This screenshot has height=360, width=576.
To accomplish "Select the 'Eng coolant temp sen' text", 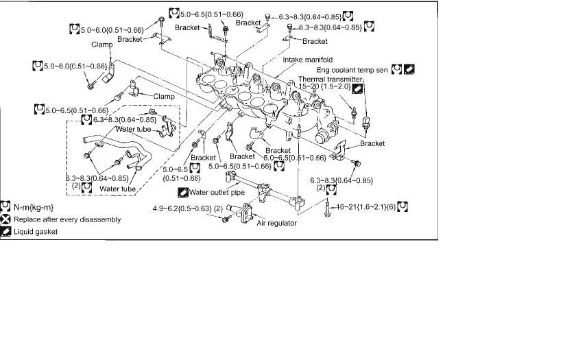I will tap(352, 70).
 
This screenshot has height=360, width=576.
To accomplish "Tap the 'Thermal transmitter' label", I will tap(330, 80).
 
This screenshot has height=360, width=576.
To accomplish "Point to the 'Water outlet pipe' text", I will tap(217, 193).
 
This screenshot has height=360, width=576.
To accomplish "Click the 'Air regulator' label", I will tap(276, 224).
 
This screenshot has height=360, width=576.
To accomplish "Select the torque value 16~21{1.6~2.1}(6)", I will tap(365, 206).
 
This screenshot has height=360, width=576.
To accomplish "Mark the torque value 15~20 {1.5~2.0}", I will tap(324, 88).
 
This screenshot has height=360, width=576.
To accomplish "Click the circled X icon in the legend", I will tap(6, 219).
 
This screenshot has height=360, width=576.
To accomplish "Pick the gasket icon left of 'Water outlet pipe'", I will tap(183, 193).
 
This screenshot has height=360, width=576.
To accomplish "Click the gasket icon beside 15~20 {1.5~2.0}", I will tap(357, 88).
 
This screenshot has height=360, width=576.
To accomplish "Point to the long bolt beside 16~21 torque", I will tap(330, 205).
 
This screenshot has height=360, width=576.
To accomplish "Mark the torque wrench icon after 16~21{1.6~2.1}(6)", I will tap(403, 206).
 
